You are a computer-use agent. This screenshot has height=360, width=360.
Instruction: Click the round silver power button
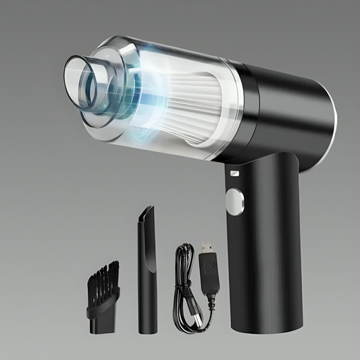234,200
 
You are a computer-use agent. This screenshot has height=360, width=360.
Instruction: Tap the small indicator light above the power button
234,174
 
